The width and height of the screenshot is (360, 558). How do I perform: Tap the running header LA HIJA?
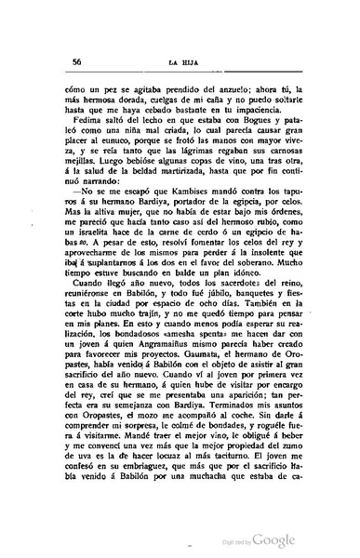pos(183,64)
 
